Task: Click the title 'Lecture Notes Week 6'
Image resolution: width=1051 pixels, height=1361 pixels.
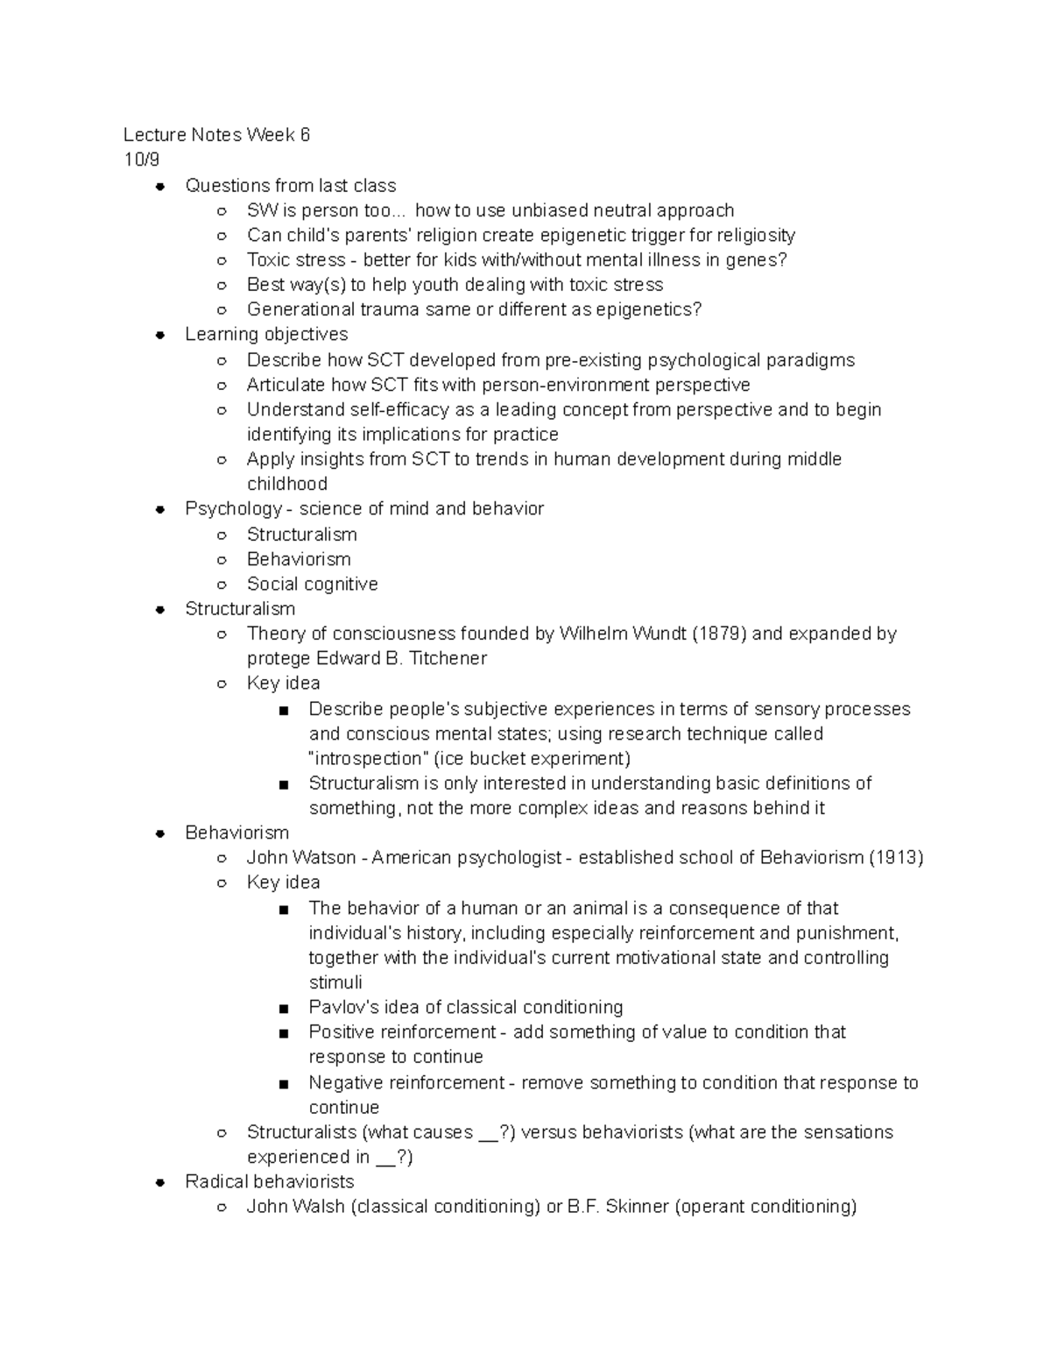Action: click(x=216, y=135)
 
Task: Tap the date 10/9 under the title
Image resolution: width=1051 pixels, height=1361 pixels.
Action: click(x=142, y=159)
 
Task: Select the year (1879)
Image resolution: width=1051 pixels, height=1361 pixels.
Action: click(x=719, y=634)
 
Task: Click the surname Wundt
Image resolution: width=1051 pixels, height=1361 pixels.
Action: click(x=652, y=634)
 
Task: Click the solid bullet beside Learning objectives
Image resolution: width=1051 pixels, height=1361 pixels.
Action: click(x=160, y=335)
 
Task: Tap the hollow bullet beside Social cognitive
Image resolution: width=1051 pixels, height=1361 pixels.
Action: click(x=222, y=585)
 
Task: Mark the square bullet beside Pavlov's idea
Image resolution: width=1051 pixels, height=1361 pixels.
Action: click(x=284, y=1009)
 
